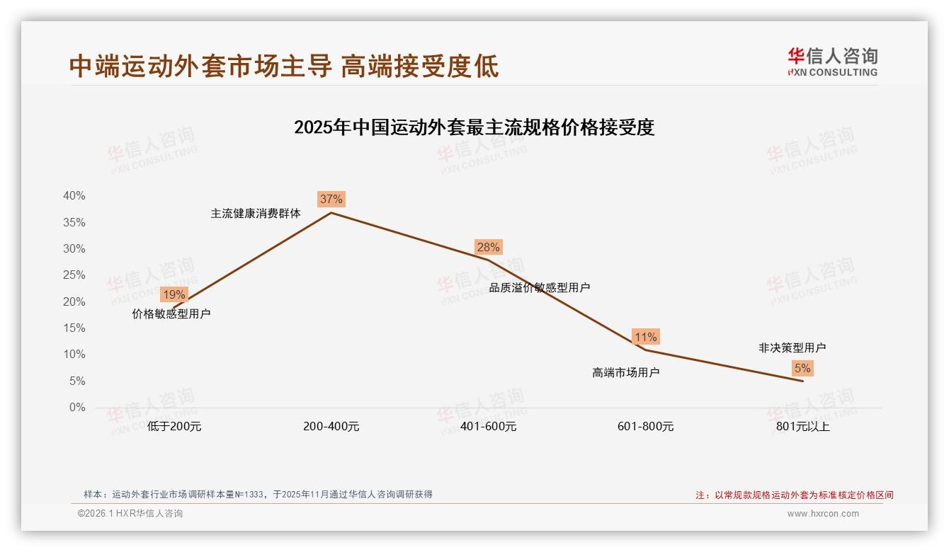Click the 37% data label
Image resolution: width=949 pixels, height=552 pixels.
(x=331, y=199)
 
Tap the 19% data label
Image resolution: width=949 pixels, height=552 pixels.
(x=174, y=294)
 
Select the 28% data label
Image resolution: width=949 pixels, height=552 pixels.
(x=488, y=247)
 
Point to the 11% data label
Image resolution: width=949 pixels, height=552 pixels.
(x=645, y=337)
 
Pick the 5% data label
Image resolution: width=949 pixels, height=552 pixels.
(x=802, y=368)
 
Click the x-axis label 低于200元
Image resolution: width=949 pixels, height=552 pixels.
(x=174, y=427)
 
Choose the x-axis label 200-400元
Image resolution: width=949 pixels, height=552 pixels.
(x=331, y=427)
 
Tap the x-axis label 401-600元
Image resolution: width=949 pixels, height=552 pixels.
(x=489, y=427)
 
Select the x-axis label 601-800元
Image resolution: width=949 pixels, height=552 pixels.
(x=646, y=427)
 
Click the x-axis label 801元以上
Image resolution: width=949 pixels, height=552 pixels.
(x=802, y=427)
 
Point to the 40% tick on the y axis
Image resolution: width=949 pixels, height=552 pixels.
(x=74, y=196)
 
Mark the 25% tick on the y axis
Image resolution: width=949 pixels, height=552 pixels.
(x=74, y=275)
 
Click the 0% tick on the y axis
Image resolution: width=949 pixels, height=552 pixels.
(x=77, y=408)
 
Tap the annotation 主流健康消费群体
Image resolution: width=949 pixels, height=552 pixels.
(x=256, y=213)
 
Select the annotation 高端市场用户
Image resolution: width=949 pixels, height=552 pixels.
(x=626, y=372)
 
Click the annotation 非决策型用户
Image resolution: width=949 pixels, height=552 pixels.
(x=792, y=347)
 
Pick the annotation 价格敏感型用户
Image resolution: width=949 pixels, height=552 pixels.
(x=171, y=314)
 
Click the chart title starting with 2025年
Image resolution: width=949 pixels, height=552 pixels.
(x=474, y=128)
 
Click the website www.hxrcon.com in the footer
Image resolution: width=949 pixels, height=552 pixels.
(x=823, y=514)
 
